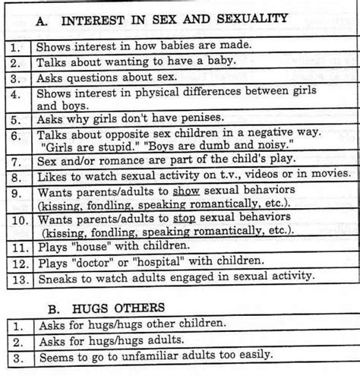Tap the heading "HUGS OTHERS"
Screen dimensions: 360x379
(133, 308)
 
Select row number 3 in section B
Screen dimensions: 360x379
(15, 355)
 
